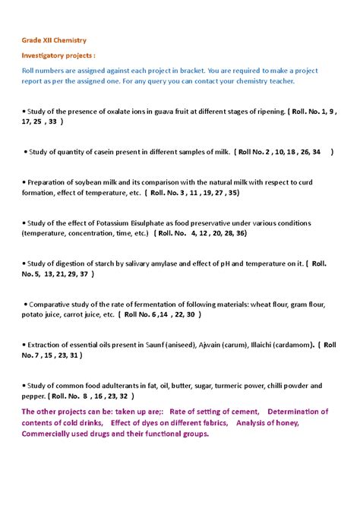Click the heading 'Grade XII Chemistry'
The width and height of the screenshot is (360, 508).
[53, 39]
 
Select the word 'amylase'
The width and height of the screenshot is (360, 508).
[163, 264]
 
